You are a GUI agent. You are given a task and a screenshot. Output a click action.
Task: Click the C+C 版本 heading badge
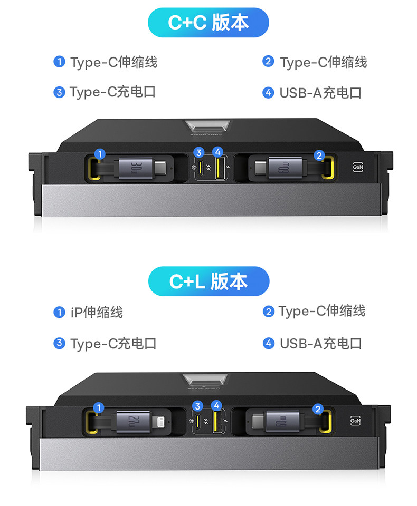[208, 23]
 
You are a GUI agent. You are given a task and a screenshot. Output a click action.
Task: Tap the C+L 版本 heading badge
[208, 281]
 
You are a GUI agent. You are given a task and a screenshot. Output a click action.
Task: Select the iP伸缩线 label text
[97, 312]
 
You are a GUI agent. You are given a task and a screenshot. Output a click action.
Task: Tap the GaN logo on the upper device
[358, 168]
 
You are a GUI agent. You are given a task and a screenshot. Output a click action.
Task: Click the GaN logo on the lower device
[356, 420]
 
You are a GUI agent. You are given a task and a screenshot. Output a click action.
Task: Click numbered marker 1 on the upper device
[100, 154]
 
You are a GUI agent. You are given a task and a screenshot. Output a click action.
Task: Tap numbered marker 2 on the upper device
[319, 155]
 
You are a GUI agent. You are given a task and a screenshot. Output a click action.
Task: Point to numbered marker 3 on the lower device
[197, 406]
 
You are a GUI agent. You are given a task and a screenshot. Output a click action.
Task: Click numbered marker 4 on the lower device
[216, 405]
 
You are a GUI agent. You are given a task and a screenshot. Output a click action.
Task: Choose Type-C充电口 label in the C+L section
[113, 344]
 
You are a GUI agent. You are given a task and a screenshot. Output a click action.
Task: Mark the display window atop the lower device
[208, 381]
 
